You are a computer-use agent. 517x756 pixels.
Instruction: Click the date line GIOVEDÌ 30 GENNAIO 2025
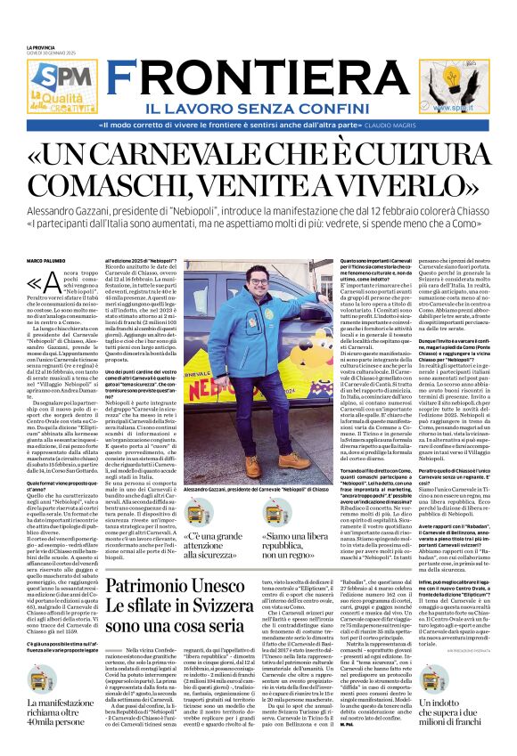pos(52,52)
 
